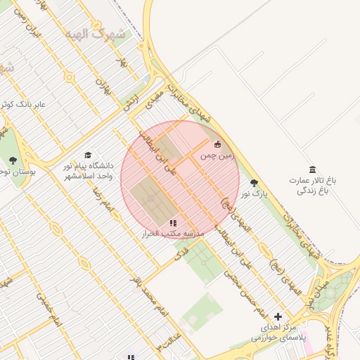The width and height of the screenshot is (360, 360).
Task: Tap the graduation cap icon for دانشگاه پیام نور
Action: tap(88, 155)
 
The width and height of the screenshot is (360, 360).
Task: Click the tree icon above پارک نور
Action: tap(254, 183)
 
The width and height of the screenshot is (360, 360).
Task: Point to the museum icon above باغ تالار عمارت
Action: tap(312, 169)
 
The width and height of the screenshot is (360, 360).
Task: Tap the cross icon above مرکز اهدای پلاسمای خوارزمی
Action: tap(278, 317)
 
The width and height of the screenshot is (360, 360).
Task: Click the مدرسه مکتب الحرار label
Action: tap(173, 233)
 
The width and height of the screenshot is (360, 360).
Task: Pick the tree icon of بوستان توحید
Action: tap(13, 161)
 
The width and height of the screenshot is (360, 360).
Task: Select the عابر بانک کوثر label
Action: tap(25, 104)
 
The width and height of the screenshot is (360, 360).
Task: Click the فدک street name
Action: tap(181, 250)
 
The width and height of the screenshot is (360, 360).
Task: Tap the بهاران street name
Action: tap(103, 86)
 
